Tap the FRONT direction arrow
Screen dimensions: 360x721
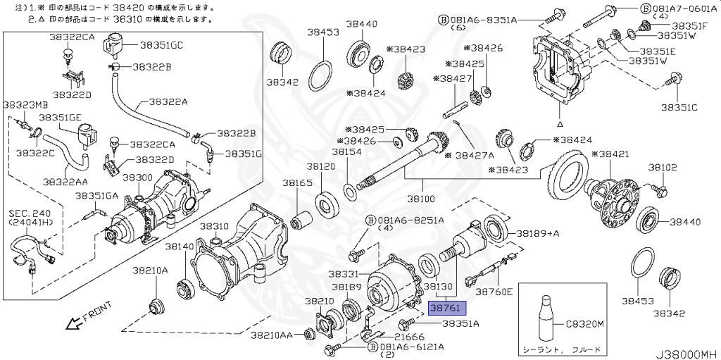[x=73, y=323]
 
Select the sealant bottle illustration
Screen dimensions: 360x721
[x=546, y=315]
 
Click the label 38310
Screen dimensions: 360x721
[x=213, y=226]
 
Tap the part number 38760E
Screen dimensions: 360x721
[x=494, y=291]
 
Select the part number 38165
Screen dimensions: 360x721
[x=297, y=183]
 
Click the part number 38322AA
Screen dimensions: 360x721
[x=64, y=182]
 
